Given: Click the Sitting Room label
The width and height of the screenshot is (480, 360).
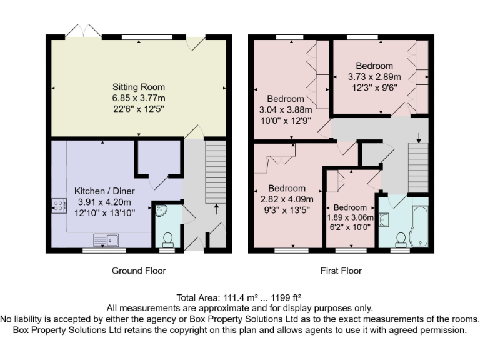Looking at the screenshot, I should coord(139,87).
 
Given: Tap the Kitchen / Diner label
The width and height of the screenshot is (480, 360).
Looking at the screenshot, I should coord(104,191).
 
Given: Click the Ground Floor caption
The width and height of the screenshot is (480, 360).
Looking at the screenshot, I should coord(139,271).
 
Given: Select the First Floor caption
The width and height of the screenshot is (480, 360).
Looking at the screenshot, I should coord(340,271).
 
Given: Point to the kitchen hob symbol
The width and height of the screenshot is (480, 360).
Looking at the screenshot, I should coord(59,206).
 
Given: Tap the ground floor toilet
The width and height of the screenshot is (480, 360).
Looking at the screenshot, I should coord(167,239).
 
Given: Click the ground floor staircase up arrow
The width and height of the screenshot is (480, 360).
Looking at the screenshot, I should coord(217,208).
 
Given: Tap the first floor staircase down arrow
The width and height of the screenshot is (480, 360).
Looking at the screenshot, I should coord(419,137).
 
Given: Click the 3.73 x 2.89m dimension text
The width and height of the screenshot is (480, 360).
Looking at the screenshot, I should coord(374,77).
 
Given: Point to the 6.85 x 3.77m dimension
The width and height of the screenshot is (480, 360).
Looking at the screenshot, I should coord(139,99).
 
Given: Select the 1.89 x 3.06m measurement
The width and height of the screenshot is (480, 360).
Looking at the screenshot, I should coord(350,217).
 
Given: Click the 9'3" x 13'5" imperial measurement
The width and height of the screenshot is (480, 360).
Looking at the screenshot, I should coord(287,211).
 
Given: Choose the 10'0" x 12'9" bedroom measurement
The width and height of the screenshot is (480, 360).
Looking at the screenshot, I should coord(286,121).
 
